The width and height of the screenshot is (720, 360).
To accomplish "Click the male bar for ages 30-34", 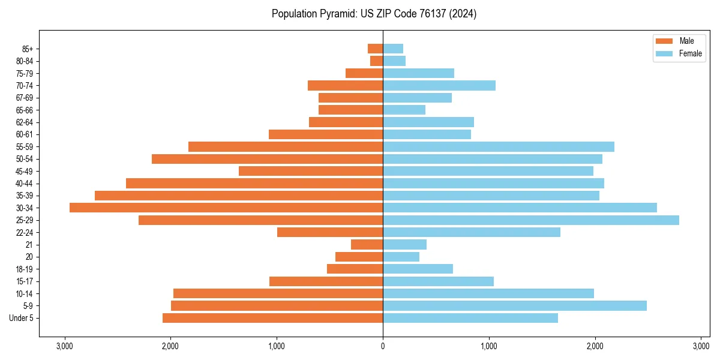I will [x=226, y=208].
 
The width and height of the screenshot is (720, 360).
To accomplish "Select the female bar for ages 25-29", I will [x=531, y=220].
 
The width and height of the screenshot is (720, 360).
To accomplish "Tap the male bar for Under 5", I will [x=272, y=318].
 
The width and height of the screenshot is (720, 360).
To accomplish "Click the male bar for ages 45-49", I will [x=311, y=171].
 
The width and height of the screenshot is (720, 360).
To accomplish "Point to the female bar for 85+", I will [x=393, y=49].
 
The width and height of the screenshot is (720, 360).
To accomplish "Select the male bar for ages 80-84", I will [x=377, y=61].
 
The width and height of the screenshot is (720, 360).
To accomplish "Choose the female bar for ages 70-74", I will [x=439, y=85].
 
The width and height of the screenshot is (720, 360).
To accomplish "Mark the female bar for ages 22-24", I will [x=472, y=232].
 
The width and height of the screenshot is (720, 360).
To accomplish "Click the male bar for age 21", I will [x=367, y=244].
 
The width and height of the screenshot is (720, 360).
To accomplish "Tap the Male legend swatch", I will [x=664, y=41].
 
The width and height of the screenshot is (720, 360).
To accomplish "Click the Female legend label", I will [x=690, y=53].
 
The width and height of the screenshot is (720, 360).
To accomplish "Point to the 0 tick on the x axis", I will [x=383, y=346].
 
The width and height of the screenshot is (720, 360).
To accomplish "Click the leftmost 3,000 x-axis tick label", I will [x=64, y=346].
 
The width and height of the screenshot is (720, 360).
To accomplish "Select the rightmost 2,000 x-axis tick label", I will [x=595, y=346].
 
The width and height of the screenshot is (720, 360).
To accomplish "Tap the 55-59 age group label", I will [x=25, y=146].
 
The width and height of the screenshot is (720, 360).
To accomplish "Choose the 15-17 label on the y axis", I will [x=25, y=281].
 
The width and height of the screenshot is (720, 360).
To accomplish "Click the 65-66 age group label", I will [x=25, y=110].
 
